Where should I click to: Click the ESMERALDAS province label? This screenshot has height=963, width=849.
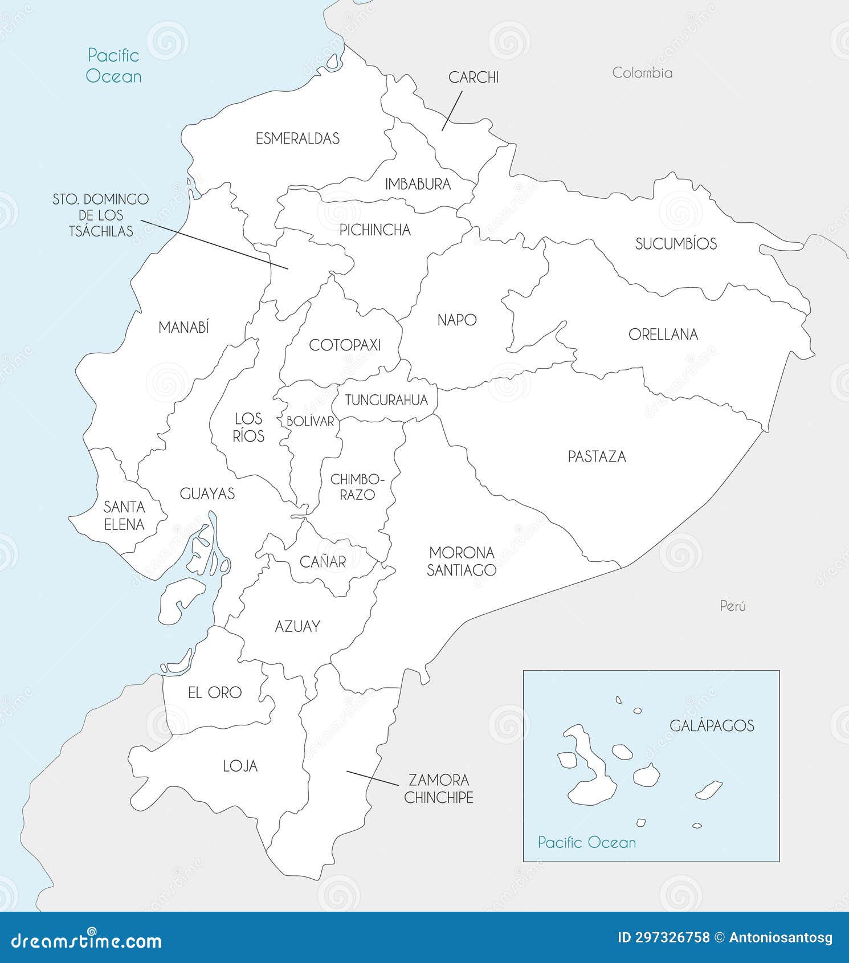pyautogui.click(x=297, y=138)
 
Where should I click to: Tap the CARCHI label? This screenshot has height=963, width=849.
pyautogui.click(x=473, y=77)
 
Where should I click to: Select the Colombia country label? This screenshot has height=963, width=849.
pyautogui.click(x=642, y=73)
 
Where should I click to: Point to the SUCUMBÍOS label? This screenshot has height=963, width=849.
pyautogui.click(x=676, y=244)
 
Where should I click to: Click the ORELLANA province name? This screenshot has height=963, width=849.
pyautogui.click(x=663, y=334)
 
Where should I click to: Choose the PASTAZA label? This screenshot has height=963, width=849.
pyautogui.click(x=597, y=456)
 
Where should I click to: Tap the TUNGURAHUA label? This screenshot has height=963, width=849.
pyautogui.click(x=386, y=400)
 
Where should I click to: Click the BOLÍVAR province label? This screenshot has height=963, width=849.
pyautogui.click(x=310, y=421)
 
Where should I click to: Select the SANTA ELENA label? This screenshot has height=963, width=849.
pyautogui.click(x=124, y=516)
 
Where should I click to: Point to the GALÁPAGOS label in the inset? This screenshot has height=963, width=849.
pyautogui.click(x=712, y=725)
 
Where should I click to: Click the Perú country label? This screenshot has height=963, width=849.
pyautogui.click(x=732, y=606)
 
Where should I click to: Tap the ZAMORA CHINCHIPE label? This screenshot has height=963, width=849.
pyautogui.click(x=438, y=789)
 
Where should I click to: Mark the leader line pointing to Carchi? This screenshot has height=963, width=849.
pyautogui.click(x=451, y=112)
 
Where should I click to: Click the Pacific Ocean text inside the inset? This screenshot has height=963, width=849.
pyautogui.click(x=586, y=842)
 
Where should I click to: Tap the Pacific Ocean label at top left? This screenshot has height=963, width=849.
pyautogui.click(x=113, y=66)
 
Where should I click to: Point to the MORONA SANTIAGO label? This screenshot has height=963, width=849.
pyautogui.click(x=462, y=561)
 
